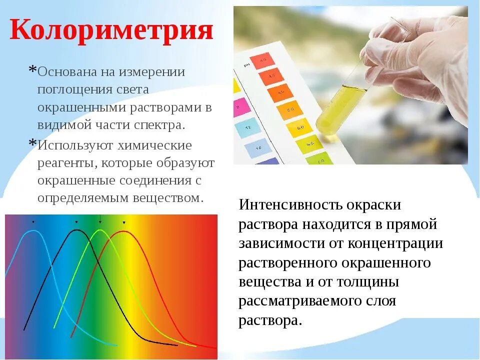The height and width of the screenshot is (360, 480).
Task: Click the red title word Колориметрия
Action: click(111, 30)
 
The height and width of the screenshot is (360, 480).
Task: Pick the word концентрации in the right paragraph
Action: click(403, 243)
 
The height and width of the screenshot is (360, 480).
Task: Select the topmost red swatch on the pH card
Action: click(260, 61)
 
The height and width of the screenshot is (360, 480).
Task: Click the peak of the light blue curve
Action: click(33, 231)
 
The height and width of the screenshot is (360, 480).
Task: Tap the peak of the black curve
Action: click(76, 230)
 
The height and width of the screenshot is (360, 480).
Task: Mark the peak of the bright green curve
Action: click(100, 230)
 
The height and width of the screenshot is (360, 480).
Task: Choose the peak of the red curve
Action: click(124, 231)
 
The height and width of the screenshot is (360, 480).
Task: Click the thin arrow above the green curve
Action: click(100, 219)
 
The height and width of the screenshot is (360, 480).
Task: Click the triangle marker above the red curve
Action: click(124, 222)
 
